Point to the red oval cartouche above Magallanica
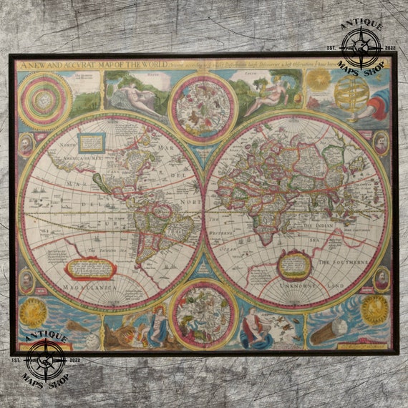[x=90, y=268]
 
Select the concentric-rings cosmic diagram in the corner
[x=44, y=99]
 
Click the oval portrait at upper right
[x=382, y=143]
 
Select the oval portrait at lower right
[x=382, y=279]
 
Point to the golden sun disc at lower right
[x=374, y=311]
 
